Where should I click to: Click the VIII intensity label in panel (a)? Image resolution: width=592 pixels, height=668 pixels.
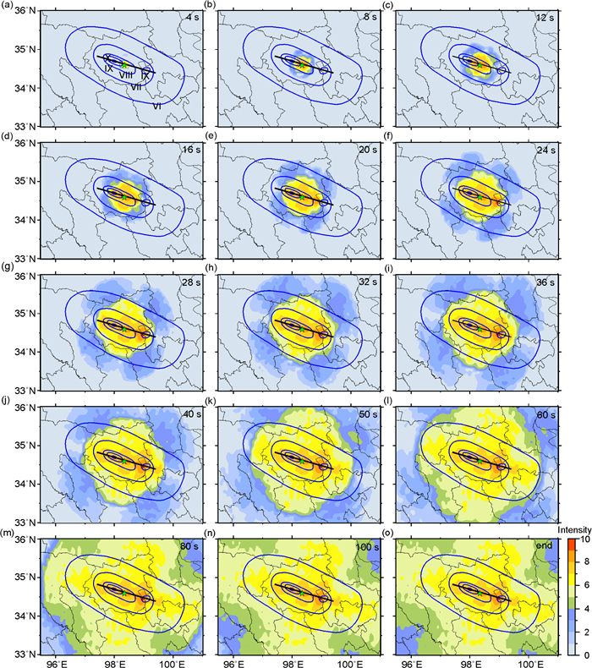(x=125, y=75)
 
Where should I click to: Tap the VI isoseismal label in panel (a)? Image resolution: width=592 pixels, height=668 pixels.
(x=157, y=107)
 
